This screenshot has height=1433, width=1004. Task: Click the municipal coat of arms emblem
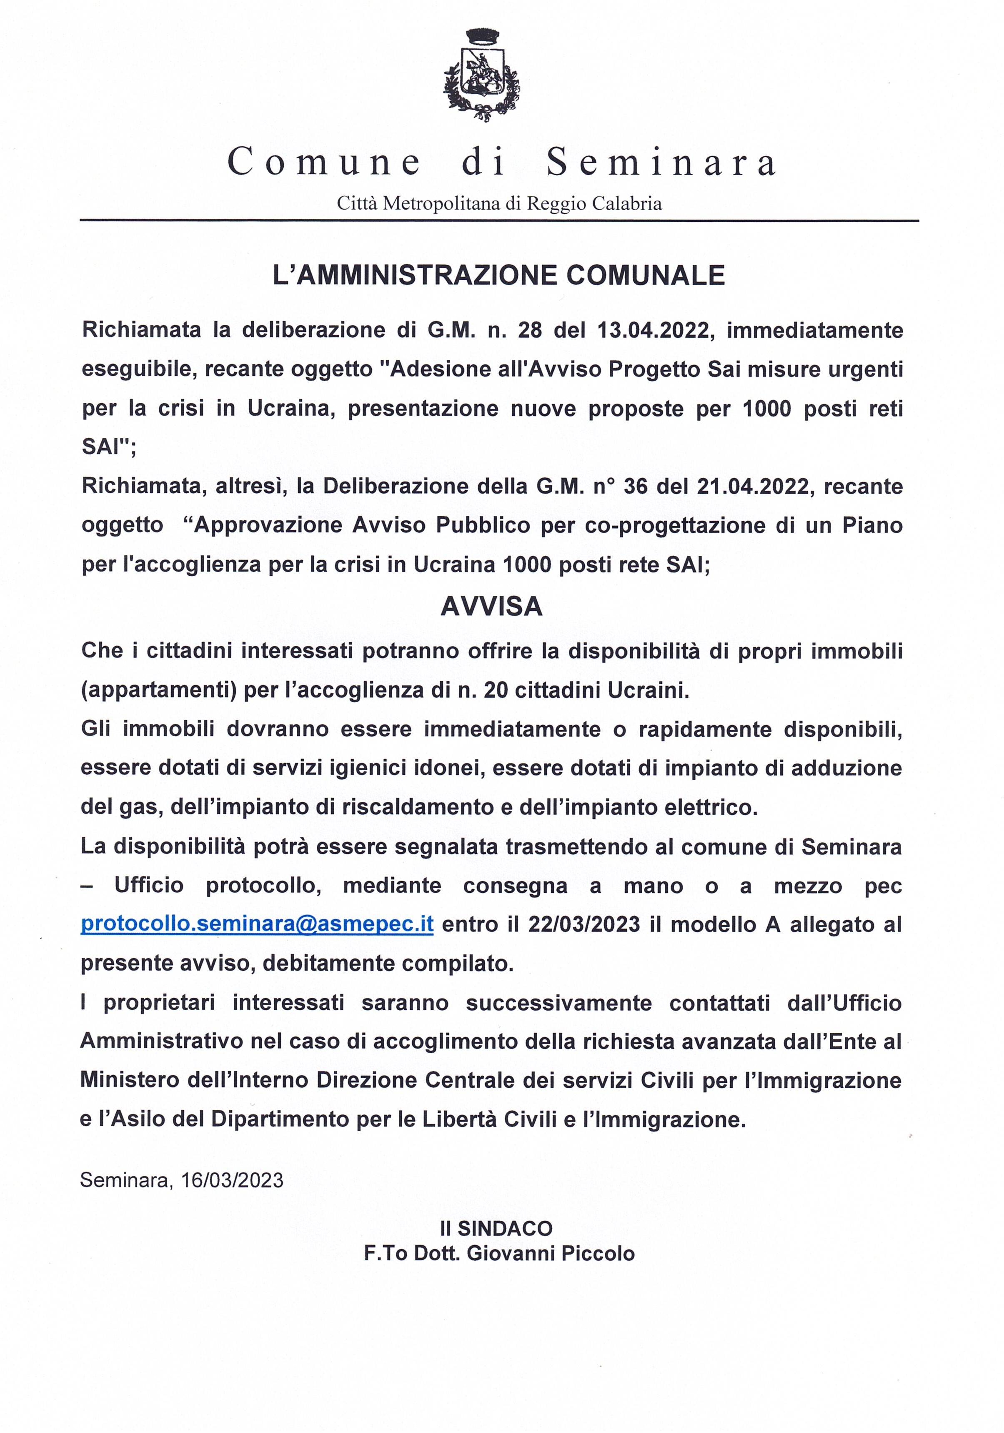pyautogui.click(x=481, y=78)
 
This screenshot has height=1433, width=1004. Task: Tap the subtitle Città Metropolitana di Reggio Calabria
pyautogui.click(x=499, y=203)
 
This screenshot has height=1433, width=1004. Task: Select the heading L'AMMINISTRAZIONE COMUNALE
pyautogui.click(x=499, y=275)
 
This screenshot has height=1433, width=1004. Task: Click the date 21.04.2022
pyautogui.click(x=754, y=486)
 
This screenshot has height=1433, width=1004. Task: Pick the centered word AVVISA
pyautogui.click(x=492, y=606)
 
